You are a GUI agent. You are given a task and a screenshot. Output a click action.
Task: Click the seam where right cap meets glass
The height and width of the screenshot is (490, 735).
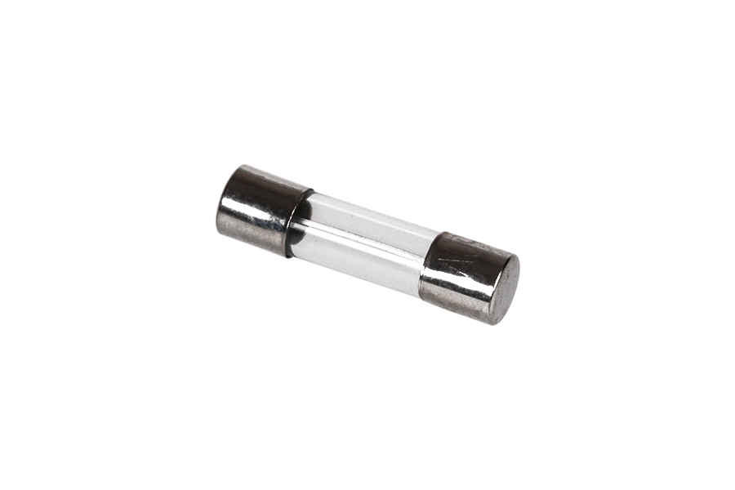[429, 262]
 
